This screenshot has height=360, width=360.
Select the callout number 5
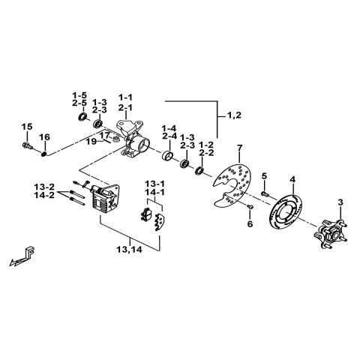(264, 175)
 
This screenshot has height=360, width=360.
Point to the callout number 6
(250, 223)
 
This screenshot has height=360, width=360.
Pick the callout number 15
(26, 125)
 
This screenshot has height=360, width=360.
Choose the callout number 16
(44, 136)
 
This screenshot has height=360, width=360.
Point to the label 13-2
(43, 186)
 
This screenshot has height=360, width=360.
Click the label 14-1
(155, 192)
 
